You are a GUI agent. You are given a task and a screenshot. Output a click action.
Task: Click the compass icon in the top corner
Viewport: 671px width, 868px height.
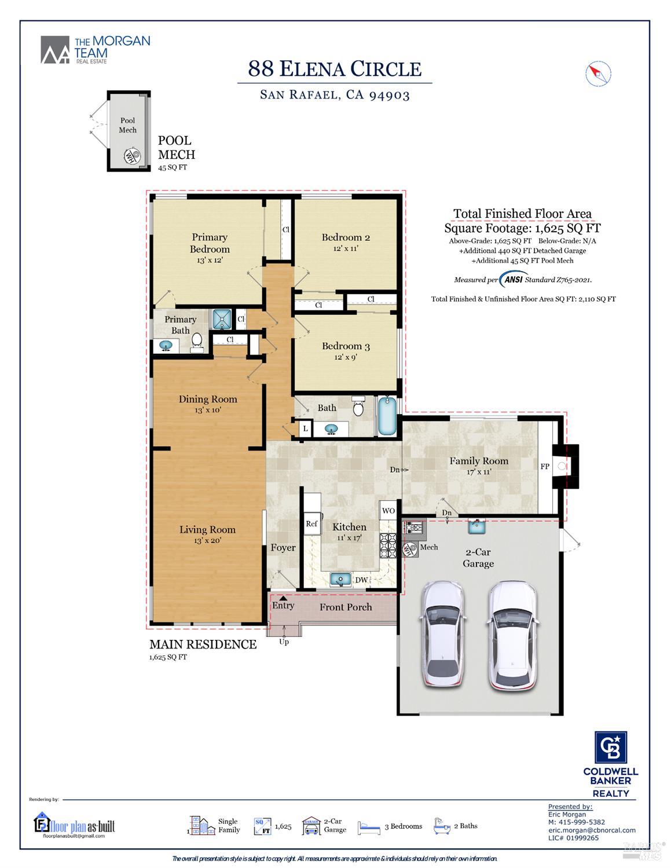click(x=598, y=74)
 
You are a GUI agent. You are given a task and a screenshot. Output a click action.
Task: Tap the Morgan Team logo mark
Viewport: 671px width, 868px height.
click(x=55, y=50)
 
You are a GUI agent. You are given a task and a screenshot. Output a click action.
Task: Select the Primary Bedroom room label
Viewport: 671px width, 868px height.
click(x=210, y=243)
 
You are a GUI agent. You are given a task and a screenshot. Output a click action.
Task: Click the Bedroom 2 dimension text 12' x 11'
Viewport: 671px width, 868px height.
click(x=346, y=248)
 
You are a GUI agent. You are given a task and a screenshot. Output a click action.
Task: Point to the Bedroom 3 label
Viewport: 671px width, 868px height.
click(x=346, y=346)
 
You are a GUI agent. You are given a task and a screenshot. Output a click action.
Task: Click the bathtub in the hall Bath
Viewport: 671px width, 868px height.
click(x=387, y=416)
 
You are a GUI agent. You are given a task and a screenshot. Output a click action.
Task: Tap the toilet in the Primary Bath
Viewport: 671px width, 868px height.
click(x=197, y=341)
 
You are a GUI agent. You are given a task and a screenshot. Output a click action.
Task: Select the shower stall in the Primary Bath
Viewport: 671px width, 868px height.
click(x=222, y=319)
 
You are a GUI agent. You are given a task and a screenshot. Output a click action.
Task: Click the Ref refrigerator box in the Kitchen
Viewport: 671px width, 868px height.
click(x=311, y=523)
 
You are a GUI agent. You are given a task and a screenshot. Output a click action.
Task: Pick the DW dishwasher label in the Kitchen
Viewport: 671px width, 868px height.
click(x=361, y=580)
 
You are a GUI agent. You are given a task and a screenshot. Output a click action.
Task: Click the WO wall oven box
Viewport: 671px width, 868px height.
click(x=388, y=510)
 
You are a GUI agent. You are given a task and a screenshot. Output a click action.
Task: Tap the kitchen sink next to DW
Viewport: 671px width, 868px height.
click(x=340, y=578)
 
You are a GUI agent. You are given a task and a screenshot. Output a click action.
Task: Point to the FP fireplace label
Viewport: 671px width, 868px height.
click(x=545, y=466)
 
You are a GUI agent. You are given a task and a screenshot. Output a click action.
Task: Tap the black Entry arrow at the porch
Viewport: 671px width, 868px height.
click(x=283, y=598)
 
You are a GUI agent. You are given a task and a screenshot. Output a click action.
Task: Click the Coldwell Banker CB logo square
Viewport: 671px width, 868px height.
click(x=611, y=748)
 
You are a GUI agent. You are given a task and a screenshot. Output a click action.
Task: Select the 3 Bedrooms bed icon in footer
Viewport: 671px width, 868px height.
click(x=369, y=826)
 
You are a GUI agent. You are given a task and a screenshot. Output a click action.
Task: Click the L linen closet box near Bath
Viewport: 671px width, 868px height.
click(x=305, y=428)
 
